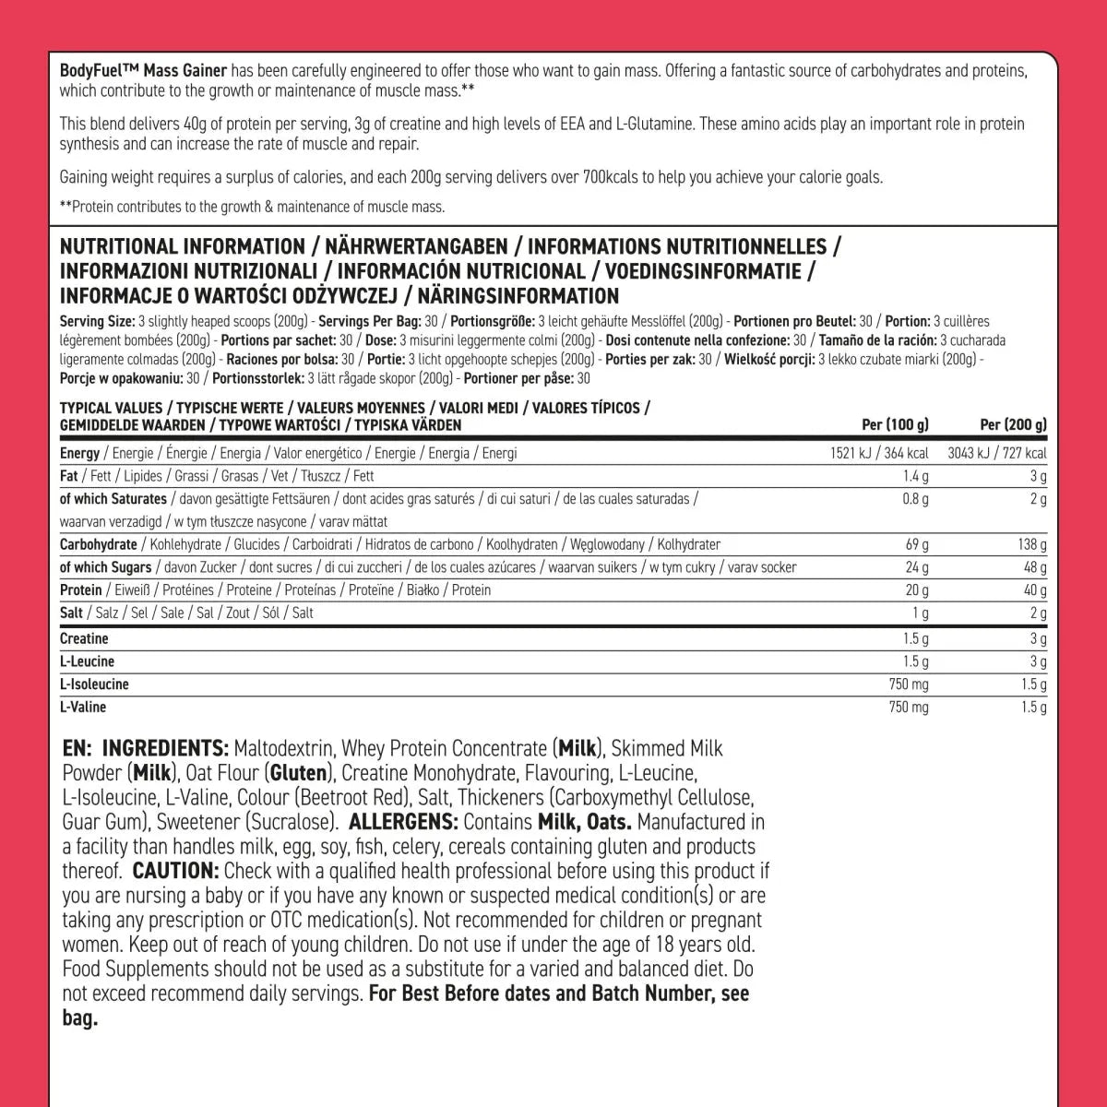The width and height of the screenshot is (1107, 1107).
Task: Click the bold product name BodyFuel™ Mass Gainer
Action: pos(142,70)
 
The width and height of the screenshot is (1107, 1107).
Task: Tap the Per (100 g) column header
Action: pos(895,425)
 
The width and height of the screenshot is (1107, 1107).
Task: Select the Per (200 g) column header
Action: pos(1013,425)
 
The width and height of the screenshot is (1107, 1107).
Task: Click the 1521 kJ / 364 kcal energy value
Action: pos(880,453)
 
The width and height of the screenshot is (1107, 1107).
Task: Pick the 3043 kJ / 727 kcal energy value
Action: pos(997,453)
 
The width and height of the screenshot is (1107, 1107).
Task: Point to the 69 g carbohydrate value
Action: pos(918,544)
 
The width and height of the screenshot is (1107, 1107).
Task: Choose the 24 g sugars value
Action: pos(918,567)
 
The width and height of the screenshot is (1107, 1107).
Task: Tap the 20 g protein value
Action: pos(918,590)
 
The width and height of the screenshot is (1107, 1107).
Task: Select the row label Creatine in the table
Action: pos(84,638)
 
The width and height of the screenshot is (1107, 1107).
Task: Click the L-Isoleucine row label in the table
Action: pos(94,684)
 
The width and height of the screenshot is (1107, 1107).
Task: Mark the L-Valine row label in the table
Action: pos(83,708)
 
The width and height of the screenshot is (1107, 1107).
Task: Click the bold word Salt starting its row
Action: pos(71,613)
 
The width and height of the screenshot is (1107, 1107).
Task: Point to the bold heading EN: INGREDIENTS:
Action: pos(146,747)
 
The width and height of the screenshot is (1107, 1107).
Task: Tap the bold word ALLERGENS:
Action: pos(405,822)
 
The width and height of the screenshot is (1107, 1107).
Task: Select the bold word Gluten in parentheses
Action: pos(299,772)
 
